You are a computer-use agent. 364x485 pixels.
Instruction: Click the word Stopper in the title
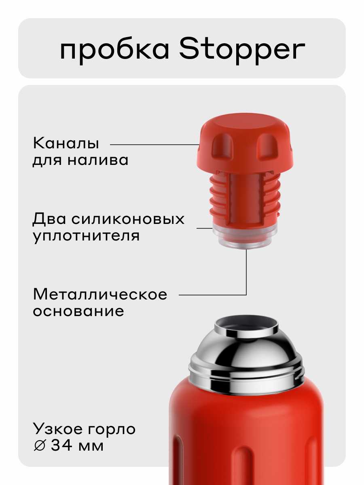click(x=242, y=51)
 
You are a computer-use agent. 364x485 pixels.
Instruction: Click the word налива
click(x=98, y=160)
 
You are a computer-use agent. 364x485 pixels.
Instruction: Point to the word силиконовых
click(x=128, y=219)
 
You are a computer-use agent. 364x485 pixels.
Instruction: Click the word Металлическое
click(x=100, y=294)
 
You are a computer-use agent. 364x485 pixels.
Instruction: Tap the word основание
click(x=78, y=311)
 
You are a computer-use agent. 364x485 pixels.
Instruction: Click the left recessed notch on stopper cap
click(x=223, y=146)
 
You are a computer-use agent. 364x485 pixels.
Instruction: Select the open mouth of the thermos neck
click(x=246, y=324)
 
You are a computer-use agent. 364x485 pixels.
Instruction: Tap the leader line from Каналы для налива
click(x=155, y=145)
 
